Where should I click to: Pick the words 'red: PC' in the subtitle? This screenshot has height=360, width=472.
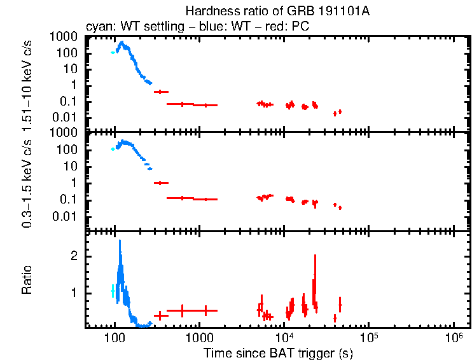click(x=289, y=29)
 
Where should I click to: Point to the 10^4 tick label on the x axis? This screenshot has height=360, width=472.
click(x=284, y=335)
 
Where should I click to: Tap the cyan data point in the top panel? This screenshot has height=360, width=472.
click(x=113, y=53)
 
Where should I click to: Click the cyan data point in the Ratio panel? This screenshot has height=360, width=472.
click(x=113, y=291)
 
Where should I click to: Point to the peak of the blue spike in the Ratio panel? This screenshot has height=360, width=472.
click(x=119, y=241)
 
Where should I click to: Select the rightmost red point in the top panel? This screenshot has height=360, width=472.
click(x=340, y=111)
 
